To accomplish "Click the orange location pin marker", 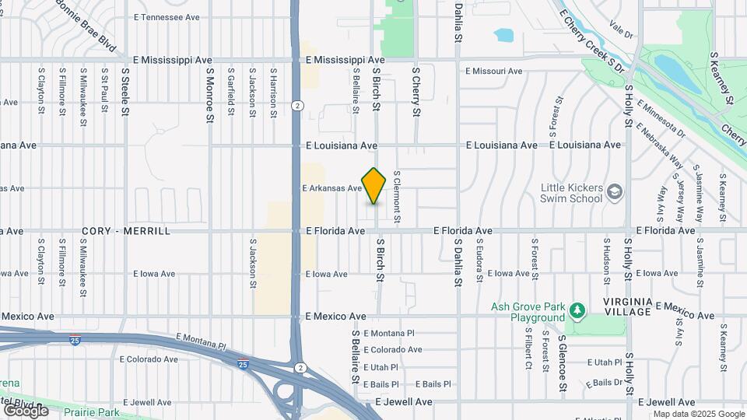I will pos(374,186).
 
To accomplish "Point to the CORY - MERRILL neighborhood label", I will pos(126,232).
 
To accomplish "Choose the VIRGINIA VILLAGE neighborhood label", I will pos(626,306).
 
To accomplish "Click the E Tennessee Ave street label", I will pos(167,17).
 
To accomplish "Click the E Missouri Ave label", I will pos(494,72).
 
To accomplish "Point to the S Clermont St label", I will pos(396,198).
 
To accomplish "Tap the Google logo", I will pos(26,410).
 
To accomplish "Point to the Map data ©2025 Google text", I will pos(699,414).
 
